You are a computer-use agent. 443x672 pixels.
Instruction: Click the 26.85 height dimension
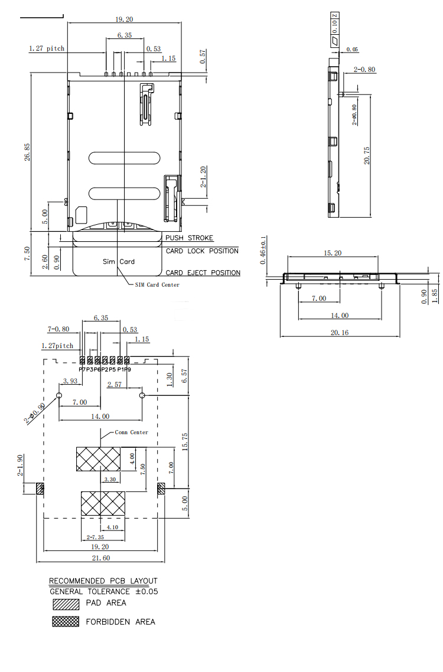pos(27,152)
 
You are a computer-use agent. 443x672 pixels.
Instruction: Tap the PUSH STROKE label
pos(189,238)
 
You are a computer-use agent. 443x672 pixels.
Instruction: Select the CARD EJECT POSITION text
pos(203,273)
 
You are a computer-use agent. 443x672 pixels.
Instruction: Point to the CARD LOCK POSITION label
pos(202,251)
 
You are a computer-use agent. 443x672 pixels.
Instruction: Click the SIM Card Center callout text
pos(157,284)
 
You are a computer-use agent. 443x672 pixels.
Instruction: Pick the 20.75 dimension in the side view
pos(367,155)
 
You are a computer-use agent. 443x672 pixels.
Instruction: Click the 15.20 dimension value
pos(333,253)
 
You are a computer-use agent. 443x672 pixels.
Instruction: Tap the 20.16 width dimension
pos(340,332)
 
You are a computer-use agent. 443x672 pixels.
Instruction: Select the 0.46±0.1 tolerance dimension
pos(263,250)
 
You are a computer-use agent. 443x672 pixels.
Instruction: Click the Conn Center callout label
pos(131,432)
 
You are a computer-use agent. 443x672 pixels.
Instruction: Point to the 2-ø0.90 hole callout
pos(35,414)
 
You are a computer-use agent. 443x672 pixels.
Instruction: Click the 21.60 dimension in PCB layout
pos(100,558)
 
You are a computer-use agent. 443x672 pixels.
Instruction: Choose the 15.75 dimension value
pos(184,441)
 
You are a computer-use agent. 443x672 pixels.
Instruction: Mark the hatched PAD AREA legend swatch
pos(66,604)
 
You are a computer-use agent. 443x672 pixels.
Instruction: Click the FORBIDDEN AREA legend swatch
pos(66,621)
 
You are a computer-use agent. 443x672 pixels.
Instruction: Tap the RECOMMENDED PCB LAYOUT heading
pos(103,581)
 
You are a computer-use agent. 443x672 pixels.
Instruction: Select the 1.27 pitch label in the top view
pos(46,48)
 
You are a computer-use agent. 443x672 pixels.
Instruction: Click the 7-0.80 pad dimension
pos(58,329)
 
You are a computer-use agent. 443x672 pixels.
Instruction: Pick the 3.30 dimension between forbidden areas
pos(110,479)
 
